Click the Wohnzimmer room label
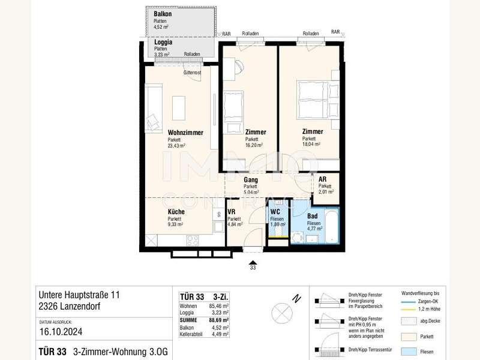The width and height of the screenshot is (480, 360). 185,133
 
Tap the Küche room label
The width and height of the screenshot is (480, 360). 176,212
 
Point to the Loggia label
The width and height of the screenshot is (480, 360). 163,43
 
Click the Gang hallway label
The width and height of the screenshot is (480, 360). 251,179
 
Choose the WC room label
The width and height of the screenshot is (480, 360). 275,212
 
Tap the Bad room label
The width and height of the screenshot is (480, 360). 313,215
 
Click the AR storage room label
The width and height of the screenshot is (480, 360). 322,179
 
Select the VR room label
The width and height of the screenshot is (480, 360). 231,212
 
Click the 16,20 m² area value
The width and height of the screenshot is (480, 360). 255,145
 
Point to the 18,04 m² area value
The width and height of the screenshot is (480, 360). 312,145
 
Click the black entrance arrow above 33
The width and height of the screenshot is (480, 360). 253,262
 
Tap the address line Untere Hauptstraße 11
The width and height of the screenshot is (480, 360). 79,295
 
